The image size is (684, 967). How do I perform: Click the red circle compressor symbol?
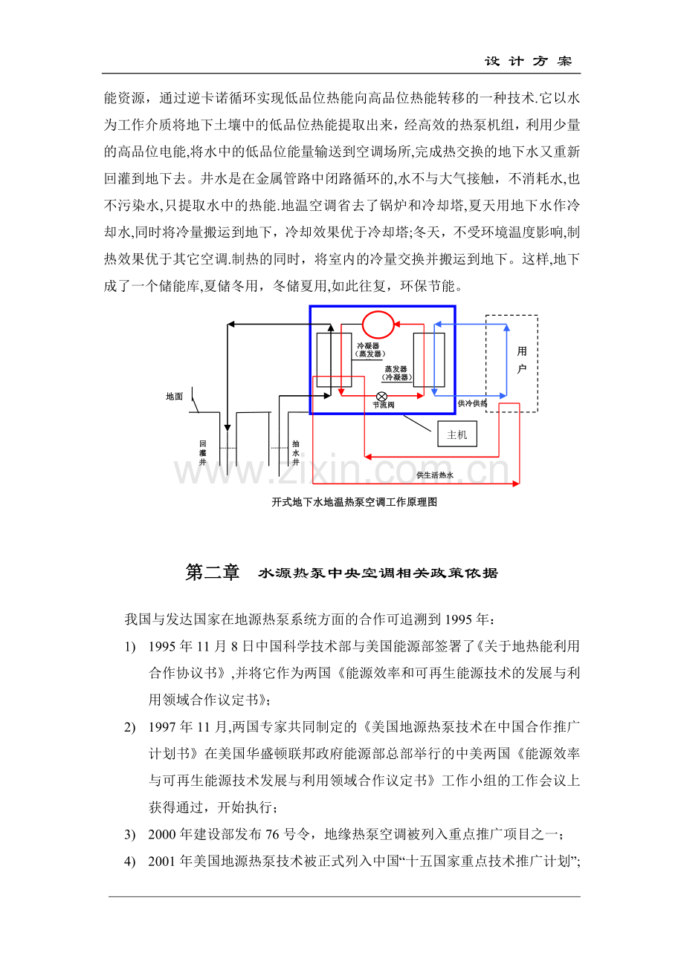pos(363,325)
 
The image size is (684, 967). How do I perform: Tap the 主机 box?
pos(457,434)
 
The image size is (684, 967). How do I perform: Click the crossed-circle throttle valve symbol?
pos(381,397)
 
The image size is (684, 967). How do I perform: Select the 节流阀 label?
pos(384,406)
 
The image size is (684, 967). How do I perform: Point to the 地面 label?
pos(175,397)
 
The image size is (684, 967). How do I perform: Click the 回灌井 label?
pos(203,453)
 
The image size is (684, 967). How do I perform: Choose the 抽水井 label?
pos(296,453)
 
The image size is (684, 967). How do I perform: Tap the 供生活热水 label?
pos(435,475)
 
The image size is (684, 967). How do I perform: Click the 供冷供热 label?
pos(472,403)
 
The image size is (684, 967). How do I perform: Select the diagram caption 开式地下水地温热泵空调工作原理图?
pos(355,502)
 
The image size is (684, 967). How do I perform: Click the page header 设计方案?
pos(528,62)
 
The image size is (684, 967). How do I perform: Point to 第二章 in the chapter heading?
pos(212,573)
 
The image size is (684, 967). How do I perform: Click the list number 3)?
pos(129,835)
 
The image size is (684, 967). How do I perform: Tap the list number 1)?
pos(129,647)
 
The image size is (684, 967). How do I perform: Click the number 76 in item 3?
pos(272,834)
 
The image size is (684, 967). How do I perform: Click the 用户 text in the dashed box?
pos(522,360)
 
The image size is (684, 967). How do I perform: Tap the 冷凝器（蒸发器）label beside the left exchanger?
pos(368,350)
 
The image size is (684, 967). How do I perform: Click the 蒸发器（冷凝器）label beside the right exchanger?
pos(396,374)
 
